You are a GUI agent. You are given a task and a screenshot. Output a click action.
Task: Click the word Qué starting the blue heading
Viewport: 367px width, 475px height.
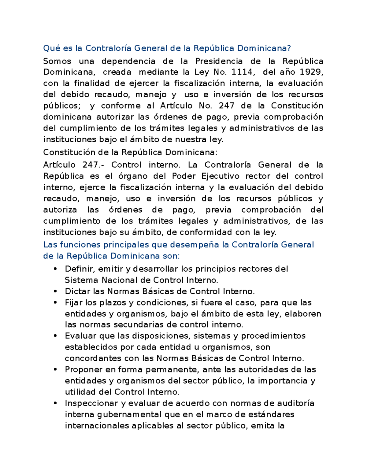[52, 48]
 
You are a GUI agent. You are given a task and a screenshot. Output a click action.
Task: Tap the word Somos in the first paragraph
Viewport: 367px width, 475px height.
[57, 61]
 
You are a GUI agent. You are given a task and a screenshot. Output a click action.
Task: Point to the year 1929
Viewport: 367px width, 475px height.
[311, 72]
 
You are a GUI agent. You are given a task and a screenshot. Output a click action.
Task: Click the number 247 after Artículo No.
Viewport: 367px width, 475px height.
[227, 106]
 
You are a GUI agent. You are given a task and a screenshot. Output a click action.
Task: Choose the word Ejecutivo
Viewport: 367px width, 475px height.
[221, 176]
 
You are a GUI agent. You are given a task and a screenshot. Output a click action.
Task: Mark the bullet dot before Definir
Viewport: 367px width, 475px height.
[55, 269]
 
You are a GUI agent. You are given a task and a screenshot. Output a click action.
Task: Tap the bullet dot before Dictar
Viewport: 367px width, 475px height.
[55, 291]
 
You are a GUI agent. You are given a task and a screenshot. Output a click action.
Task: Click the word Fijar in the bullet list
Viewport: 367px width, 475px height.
[74, 303]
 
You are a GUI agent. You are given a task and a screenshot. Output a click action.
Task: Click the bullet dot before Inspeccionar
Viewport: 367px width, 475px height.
[55, 403]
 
